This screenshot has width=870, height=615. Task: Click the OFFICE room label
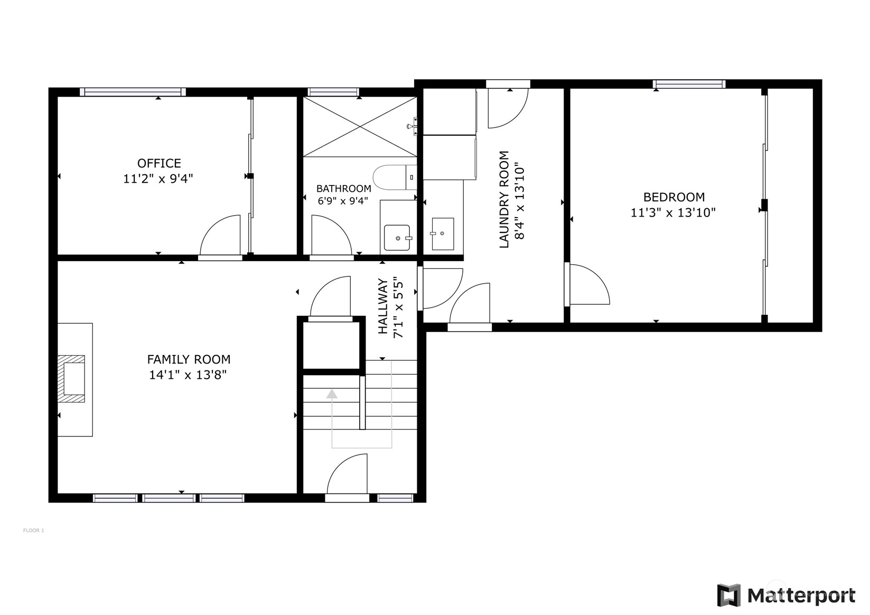point(159,163)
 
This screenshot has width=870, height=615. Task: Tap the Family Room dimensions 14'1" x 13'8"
point(188,375)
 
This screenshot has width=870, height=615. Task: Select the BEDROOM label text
point(673,197)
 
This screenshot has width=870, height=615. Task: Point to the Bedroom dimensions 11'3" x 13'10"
point(673,213)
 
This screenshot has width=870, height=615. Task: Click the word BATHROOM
point(343,189)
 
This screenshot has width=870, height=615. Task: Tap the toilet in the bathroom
point(394,177)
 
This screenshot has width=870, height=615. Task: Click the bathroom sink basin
point(397,237)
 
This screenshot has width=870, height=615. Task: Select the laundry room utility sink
point(442,234)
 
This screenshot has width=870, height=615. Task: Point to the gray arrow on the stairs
point(332,394)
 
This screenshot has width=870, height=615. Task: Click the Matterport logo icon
point(729,595)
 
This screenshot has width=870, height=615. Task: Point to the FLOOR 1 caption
point(34,530)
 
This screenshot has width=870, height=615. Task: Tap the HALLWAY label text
point(383,306)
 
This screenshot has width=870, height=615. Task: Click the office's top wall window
point(133,92)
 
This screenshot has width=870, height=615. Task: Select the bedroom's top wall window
point(689,84)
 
